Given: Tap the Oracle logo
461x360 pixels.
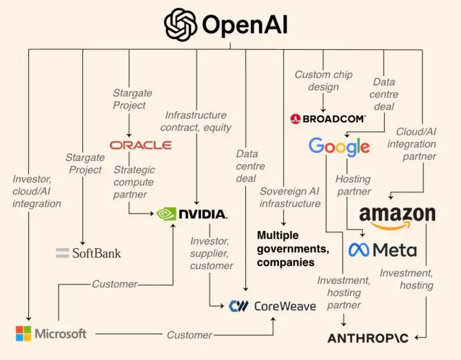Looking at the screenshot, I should coord(141,145).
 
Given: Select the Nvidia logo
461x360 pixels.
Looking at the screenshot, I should coord(192,213).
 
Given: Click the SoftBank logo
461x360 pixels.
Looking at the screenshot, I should coord(89,253).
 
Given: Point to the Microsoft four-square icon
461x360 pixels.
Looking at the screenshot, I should coord(23,333).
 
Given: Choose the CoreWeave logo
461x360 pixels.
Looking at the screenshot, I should coord(272,306).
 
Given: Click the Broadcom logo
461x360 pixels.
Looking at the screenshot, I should coord(328,119).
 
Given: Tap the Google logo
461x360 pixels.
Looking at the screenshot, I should coord(339,146).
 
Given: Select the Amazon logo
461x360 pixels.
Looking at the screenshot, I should coord(397,217).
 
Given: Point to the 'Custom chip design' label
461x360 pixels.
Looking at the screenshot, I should coord(323,81).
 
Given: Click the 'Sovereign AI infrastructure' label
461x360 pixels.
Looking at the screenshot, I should coord(290,197).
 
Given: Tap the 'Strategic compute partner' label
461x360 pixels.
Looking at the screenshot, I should coord(134,182).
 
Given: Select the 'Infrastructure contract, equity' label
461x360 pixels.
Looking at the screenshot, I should coord(196,121).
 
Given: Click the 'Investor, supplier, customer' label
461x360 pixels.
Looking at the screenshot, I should coord(211,253).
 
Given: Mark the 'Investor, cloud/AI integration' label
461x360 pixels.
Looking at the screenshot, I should coord(37,191).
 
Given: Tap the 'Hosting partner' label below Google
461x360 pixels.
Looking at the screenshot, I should coord(353,184).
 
